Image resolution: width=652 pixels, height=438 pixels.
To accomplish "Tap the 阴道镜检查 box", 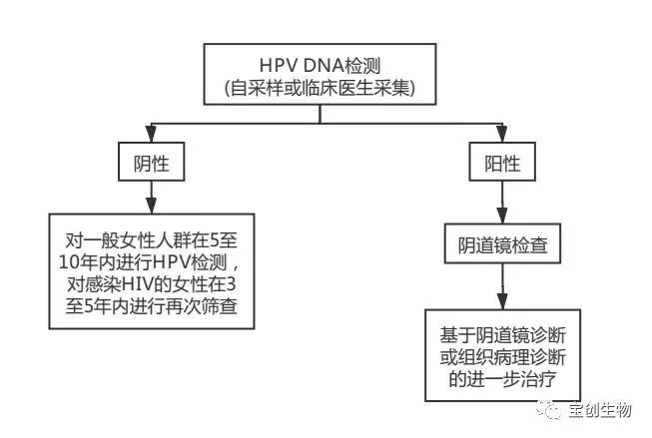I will tap(501, 243).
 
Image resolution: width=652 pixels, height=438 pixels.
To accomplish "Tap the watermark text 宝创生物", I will tap(601, 407).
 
